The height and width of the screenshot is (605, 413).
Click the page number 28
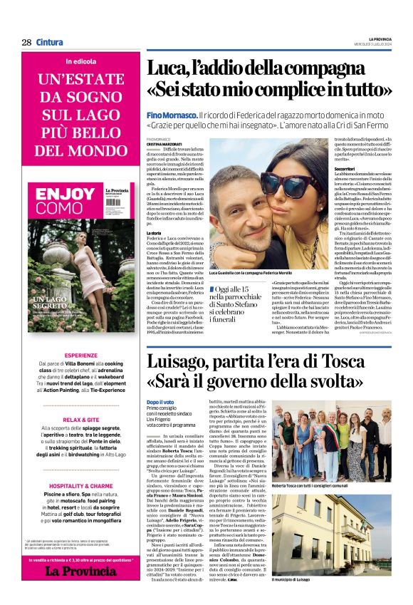click(26, 42)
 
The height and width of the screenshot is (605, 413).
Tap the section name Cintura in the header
click(50, 42)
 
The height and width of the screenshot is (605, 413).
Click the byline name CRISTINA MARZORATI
click(166, 144)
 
